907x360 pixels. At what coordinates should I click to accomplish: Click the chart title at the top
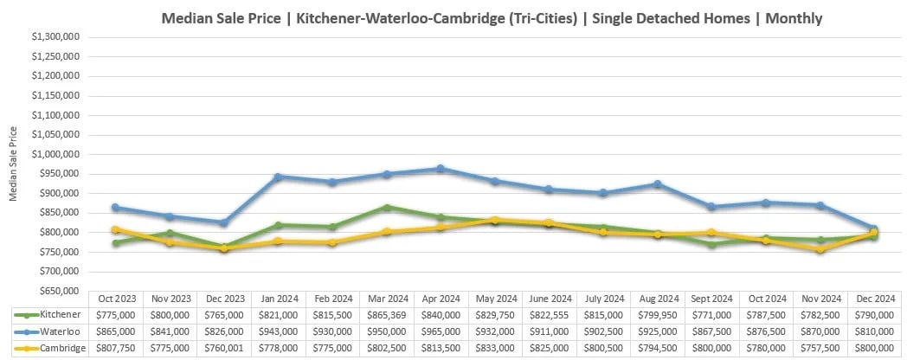[492, 18]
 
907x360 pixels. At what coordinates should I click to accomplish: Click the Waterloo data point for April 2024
[441, 169]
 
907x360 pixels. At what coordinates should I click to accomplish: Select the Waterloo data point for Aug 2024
[659, 184]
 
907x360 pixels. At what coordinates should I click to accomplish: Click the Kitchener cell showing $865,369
[386, 315]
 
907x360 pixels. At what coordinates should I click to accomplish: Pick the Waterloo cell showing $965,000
[441, 331]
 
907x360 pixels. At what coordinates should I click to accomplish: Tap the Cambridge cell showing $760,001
[224, 348]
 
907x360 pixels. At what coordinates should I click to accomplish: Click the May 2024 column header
[495, 299]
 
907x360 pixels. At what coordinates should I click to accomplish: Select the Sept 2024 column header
[712, 299]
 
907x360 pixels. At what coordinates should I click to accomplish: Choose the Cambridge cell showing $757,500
[820, 348]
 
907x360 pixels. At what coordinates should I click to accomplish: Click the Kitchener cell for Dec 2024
[874, 315]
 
